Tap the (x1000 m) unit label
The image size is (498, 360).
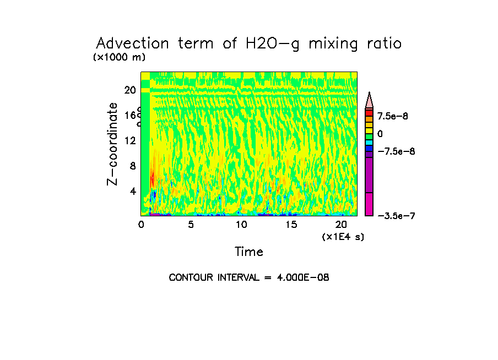coord(120,57)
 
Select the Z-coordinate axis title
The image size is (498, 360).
coord(113,144)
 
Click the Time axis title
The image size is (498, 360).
coord(249,252)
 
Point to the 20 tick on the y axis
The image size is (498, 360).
coord(130,90)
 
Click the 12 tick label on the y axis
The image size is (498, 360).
coord(130,140)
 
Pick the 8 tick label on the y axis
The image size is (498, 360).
coord(132,166)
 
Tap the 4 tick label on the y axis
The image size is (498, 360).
coord(132,191)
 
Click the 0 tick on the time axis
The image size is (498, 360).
coord(141,225)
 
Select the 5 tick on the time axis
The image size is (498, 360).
coord(191,225)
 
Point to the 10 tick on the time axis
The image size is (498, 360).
coord(241,225)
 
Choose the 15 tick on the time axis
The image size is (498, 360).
coord(291,225)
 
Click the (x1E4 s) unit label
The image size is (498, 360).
coord(343,237)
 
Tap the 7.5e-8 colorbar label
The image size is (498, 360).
coord(392,116)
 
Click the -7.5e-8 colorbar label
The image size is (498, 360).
coord(396,151)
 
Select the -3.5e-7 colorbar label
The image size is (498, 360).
coord(396,216)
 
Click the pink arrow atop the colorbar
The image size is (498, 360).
coord(370,100)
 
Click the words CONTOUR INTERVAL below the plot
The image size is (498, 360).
coord(213,278)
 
